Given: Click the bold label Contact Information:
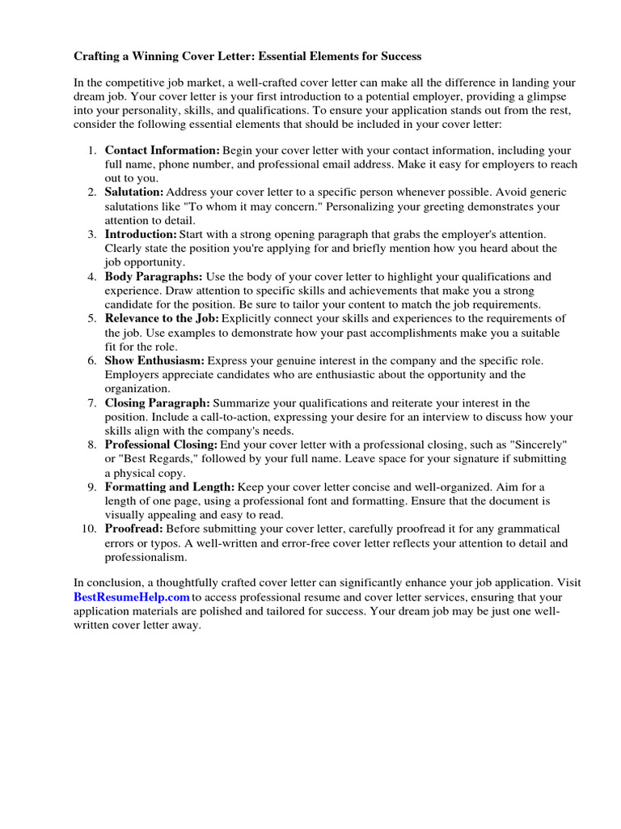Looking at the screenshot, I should pyautogui.click(x=162, y=151).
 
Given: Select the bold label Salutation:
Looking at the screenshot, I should pyautogui.click(x=133, y=193).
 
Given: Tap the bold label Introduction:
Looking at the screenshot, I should pyautogui.click(x=141, y=234).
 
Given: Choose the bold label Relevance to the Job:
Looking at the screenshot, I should pyautogui.click(x=162, y=318).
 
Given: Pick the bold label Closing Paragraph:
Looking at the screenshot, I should pyautogui.click(x=157, y=402).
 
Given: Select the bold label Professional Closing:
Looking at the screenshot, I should pyautogui.click(x=161, y=444).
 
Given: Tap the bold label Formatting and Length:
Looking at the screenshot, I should pyautogui.click(x=170, y=487).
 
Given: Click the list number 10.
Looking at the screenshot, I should pyautogui.click(x=90, y=529).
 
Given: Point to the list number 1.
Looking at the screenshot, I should pyautogui.click(x=92, y=151).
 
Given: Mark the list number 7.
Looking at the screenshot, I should pyautogui.click(x=92, y=402).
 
